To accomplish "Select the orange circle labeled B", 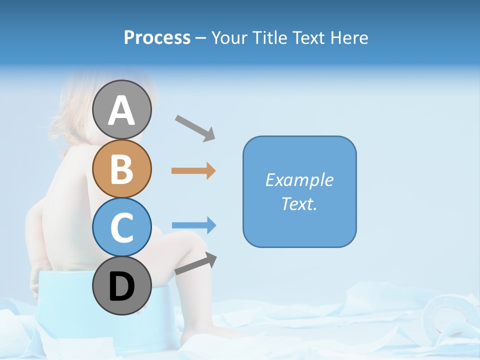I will (x=122, y=169).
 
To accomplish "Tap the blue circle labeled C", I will (x=122, y=227).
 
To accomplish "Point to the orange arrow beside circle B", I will (x=193, y=171).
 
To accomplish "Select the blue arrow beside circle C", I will (x=193, y=225).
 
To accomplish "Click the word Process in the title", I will (x=157, y=38).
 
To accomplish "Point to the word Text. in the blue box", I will (x=299, y=203).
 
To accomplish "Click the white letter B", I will (x=122, y=169).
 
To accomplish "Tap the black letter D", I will (x=122, y=287).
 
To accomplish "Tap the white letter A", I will (x=122, y=110).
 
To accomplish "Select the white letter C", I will (x=122, y=227).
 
